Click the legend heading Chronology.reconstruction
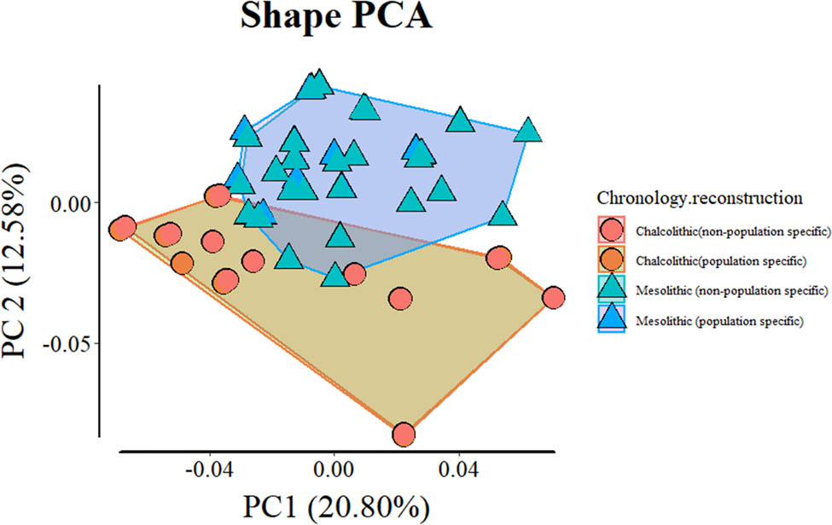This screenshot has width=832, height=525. click(699, 198)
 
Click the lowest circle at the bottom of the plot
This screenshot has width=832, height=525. click(404, 434)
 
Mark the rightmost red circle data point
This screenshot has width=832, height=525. click(554, 297)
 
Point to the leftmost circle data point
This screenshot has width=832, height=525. click(123, 227)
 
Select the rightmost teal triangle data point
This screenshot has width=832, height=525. click(529, 131)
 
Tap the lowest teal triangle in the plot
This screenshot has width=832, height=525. click(335, 275)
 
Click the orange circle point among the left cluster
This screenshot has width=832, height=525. click(182, 263)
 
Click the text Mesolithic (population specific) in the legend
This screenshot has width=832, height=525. click(719, 321)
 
